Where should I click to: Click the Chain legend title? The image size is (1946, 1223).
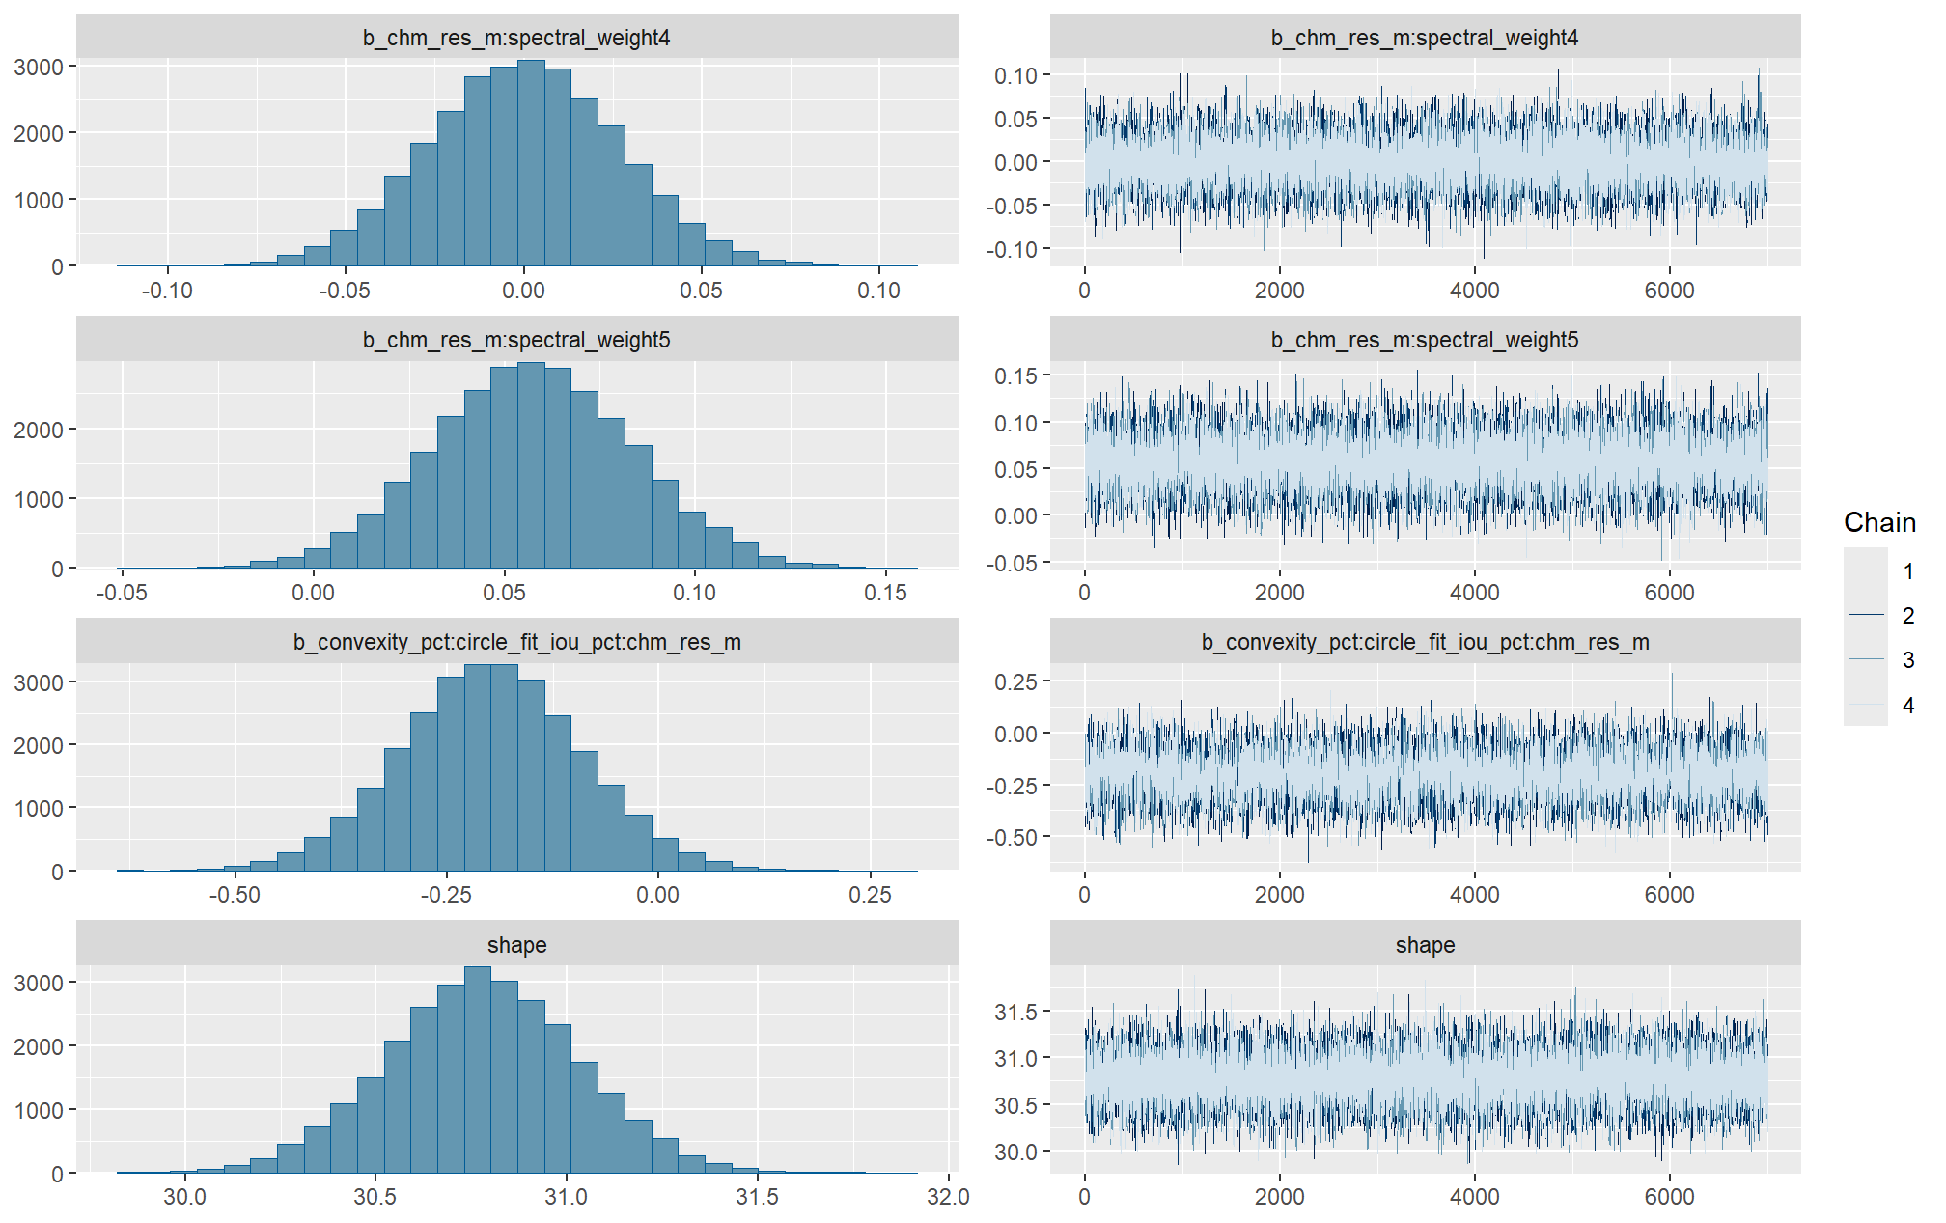[x=1878, y=522]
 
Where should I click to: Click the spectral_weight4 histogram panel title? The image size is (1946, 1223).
[x=516, y=38]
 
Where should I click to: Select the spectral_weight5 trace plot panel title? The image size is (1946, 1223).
[x=1425, y=340]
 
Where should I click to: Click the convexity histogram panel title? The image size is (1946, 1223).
[x=516, y=642]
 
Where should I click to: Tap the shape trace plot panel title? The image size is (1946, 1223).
[x=1425, y=945]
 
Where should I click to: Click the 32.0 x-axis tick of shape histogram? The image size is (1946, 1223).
[x=948, y=1197]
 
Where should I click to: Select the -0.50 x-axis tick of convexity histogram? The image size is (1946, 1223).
[x=235, y=895]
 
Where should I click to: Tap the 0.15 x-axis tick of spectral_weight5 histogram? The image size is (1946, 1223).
[x=885, y=593]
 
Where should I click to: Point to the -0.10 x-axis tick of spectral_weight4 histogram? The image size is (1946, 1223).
[x=167, y=291]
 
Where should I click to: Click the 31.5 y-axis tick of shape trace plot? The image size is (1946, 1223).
[x=1015, y=1012]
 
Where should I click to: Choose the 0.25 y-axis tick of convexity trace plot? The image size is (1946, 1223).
[x=1015, y=681]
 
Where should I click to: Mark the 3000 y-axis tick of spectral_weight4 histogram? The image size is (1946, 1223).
[x=39, y=67]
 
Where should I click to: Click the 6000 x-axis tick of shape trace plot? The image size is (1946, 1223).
[x=1669, y=1197]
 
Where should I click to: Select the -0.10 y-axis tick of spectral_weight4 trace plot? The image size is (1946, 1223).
[x=1012, y=249]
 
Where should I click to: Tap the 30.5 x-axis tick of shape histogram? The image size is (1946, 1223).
[x=375, y=1197]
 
